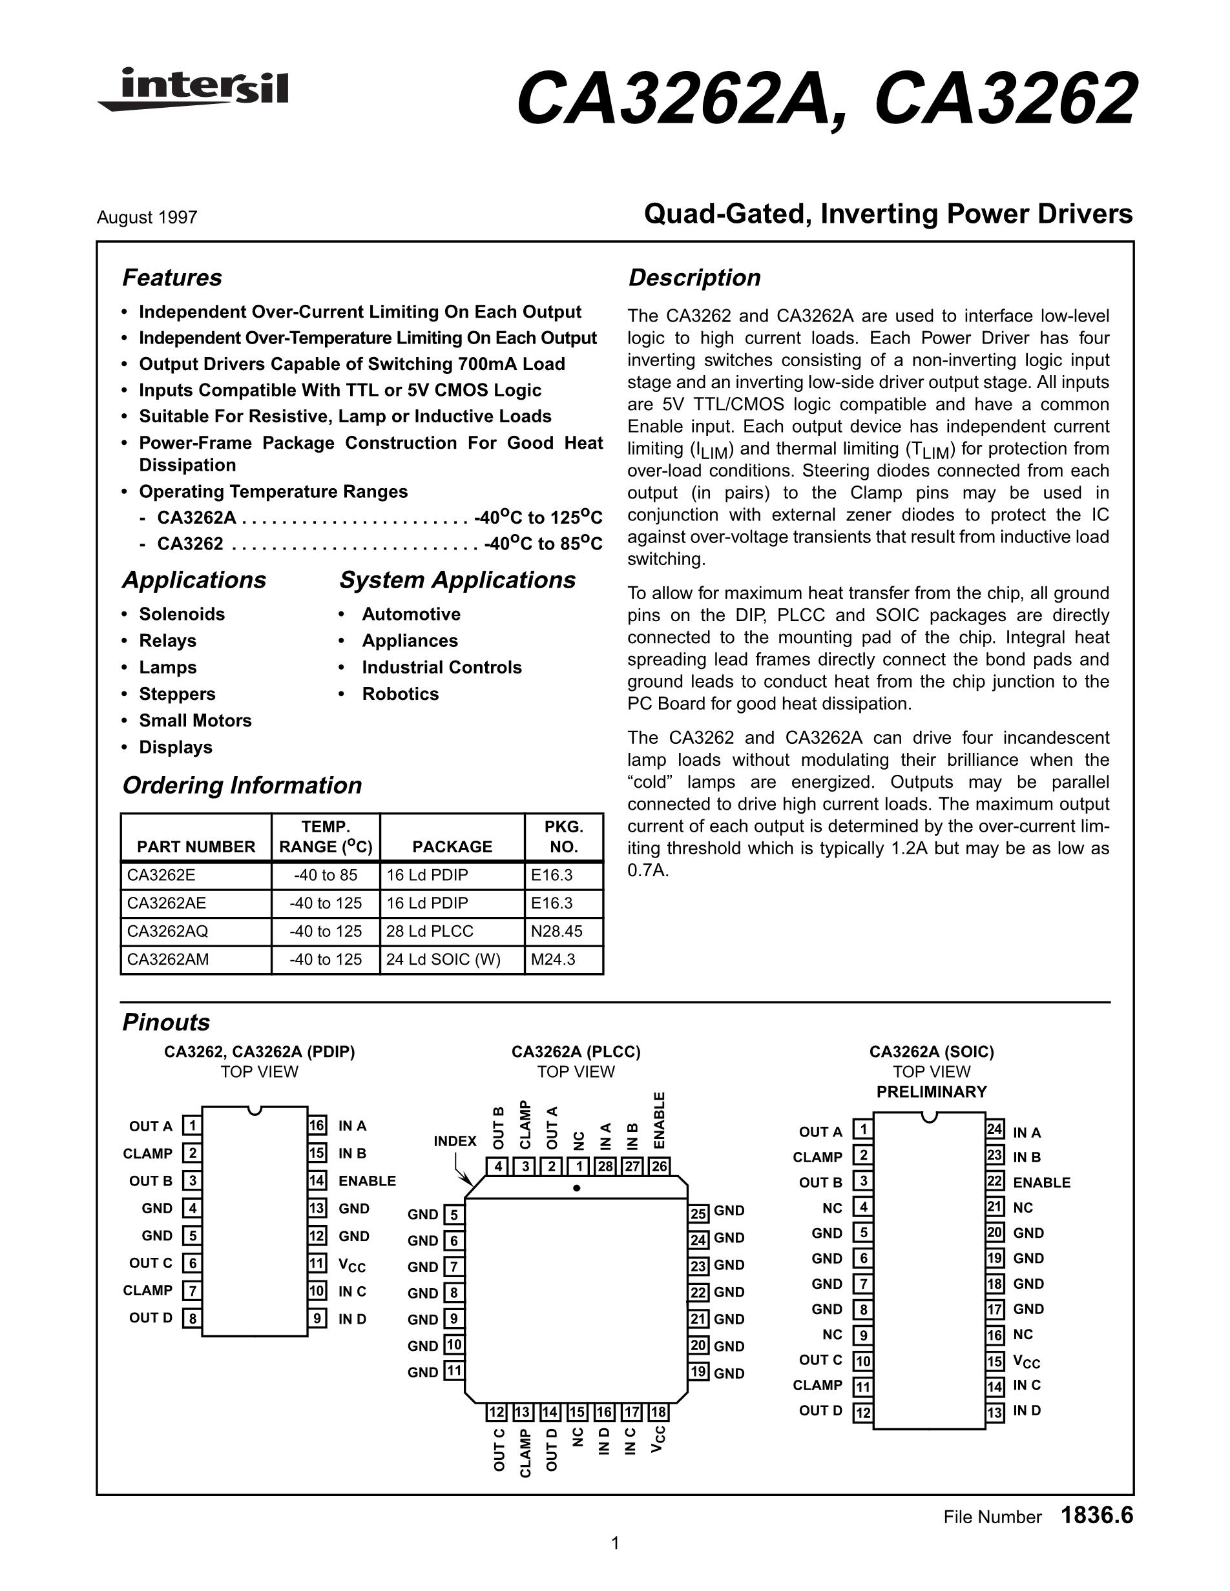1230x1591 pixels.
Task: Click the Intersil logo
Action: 193,90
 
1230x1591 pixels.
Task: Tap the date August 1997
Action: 147,218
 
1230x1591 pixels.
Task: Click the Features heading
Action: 172,278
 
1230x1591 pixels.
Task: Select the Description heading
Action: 694,278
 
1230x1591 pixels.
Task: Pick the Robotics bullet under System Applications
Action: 400,693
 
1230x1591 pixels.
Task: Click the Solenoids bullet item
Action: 182,614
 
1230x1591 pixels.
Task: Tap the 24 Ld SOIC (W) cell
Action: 443,960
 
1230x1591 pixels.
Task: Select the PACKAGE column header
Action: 452,847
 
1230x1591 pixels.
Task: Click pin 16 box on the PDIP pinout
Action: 317,1125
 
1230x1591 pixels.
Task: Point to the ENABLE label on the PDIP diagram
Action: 367,1181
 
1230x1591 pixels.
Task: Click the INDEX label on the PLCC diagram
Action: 455,1141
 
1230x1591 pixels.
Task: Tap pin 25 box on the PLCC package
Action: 699,1214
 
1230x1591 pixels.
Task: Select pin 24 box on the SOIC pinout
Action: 995,1130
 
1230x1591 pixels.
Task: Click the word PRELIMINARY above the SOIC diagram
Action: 932,1092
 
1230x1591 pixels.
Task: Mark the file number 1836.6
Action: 1097,1515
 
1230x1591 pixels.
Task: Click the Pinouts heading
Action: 166,1022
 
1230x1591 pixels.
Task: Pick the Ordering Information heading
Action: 242,785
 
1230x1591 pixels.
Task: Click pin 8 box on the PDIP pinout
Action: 192,1319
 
